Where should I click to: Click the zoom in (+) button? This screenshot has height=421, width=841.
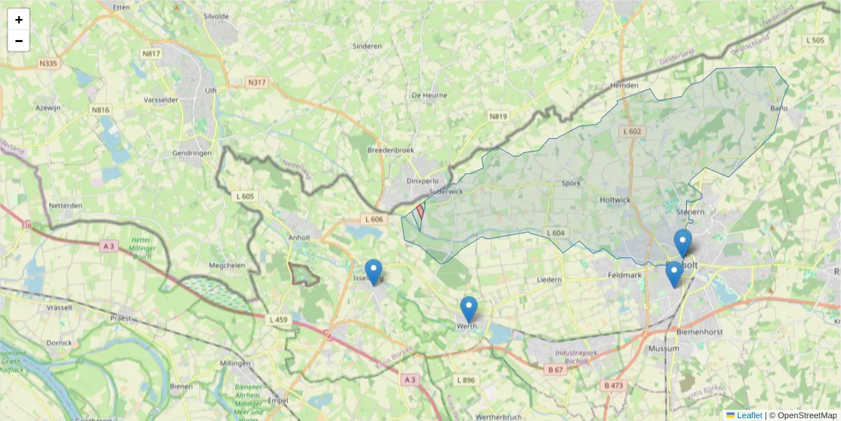(19, 20)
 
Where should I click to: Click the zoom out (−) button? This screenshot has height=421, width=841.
(19, 41)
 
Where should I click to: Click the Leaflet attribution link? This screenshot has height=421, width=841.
(748, 415)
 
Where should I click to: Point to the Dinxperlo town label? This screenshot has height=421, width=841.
(422, 180)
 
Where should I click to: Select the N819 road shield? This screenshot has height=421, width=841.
(498, 116)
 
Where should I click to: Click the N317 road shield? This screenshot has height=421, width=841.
(257, 83)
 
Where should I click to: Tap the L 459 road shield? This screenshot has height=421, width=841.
(278, 320)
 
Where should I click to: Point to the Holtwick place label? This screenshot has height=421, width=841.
(615, 200)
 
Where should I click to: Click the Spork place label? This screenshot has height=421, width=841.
(571, 183)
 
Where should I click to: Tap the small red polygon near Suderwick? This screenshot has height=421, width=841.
(420, 210)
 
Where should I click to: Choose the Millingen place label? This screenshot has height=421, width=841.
(235, 363)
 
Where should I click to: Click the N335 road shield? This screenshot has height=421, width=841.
(48, 63)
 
